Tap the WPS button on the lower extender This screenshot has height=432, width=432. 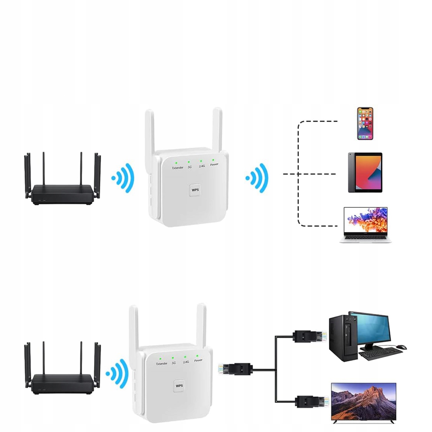179,386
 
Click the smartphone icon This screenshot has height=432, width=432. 365,123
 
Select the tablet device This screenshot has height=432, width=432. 365,172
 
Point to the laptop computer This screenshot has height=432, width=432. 365,225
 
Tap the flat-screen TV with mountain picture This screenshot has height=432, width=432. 364,402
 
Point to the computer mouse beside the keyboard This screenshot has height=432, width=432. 401,347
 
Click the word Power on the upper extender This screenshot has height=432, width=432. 214,164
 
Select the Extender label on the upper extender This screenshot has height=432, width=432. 178,167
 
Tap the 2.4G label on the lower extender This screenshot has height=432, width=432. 186,362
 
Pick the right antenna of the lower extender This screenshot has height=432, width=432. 202,326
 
